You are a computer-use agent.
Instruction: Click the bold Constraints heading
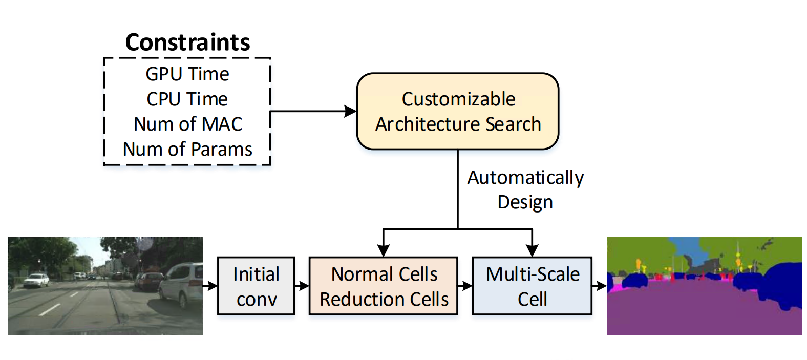(x=187, y=43)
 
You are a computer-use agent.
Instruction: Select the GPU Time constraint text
(x=187, y=74)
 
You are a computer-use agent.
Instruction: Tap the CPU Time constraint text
(x=187, y=99)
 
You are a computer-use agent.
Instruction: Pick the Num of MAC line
(x=188, y=124)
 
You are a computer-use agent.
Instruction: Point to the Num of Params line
(x=187, y=149)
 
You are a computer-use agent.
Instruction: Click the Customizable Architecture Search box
(x=458, y=111)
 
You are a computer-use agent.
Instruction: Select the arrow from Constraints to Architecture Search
(x=313, y=111)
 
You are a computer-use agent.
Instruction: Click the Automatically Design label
(x=525, y=189)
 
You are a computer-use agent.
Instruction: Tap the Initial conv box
(x=256, y=286)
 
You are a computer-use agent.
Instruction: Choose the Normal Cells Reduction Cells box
(x=384, y=286)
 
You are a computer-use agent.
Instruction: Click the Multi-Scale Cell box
(x=532, y=286)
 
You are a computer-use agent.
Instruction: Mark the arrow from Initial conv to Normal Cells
(x=302, y=286)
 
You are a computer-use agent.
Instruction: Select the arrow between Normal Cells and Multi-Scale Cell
(x=465, y=286)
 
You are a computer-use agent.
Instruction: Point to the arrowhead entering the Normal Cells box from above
(x=384, y=250)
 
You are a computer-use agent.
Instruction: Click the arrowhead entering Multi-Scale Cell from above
(x=532, y=250)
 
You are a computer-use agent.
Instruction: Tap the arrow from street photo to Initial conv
(x=210, y=286)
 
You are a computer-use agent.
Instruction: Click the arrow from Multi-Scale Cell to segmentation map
(x=600, y=286)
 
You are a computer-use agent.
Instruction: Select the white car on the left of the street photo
(x=36, y=280)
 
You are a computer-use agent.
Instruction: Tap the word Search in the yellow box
(x=514, y=124)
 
